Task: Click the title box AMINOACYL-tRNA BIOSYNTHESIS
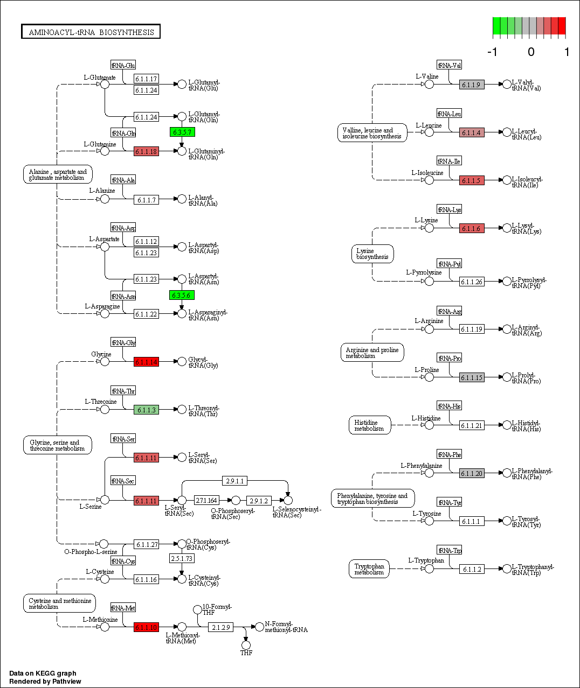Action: pos(91,32)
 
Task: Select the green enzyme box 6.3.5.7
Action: pos(182,132)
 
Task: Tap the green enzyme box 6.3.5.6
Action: pos(182,295)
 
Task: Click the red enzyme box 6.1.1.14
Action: pos(146,362)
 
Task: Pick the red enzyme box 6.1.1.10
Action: pos(146,627)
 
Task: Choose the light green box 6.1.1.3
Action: pos(146,410)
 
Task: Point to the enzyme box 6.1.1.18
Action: pos(146,151)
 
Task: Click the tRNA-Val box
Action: pos(450,65)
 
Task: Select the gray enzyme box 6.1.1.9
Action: pos(472,85)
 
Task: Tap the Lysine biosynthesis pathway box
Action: pos(372,254)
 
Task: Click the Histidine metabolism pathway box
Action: pos(369,425)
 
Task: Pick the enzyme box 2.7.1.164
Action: pos(206,500)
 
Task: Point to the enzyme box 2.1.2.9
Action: pos(220,627)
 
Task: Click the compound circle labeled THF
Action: pos(246,645)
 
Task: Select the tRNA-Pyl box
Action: pos(450,264)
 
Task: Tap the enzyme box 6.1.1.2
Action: pos(472,569)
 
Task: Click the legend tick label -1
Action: pos(492,52)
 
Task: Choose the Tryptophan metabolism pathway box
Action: pos(369,569)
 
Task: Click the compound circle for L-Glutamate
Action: pos(105,84)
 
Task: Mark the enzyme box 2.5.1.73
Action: pos(182,558)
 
